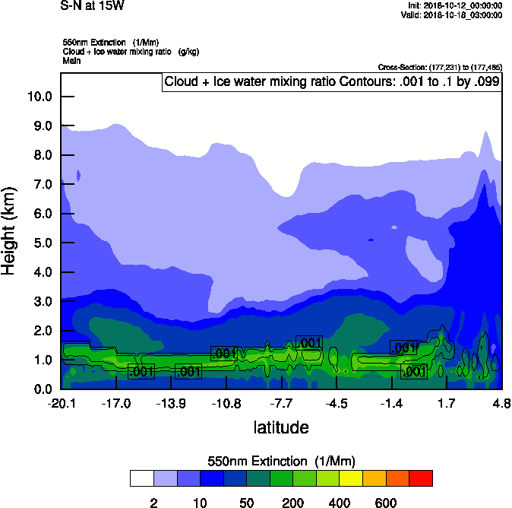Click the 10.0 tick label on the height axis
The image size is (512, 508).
[40, 97]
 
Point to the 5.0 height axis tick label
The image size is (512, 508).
[40, 243]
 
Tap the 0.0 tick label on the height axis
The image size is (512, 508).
[40, 389]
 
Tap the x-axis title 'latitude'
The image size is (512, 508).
[281, 427]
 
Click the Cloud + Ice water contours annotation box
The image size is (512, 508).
[332, 82]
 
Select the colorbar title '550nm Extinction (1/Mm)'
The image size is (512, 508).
[281, 462]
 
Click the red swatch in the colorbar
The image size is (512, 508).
[421, 478]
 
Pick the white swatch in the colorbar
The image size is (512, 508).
[142, 478]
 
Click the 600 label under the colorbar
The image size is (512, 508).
[386, 503]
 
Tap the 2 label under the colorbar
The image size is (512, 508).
[153, 503]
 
